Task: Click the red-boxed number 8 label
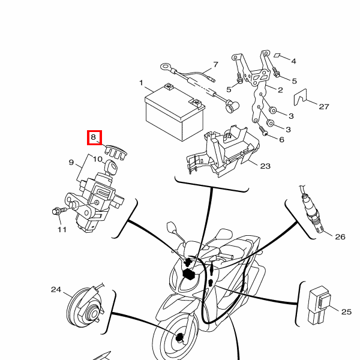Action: [x=93, y=137]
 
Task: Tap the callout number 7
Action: [x=215, y=65]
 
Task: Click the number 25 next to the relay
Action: [x=346, y=311]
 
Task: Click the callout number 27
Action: [x=324, y=107]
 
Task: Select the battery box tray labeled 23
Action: [x=223, y=151]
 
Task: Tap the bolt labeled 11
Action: [x=59, y=211]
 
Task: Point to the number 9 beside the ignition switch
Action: [x=71, y=163]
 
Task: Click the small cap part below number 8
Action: [x=116, y=152]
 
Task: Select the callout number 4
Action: [x=293, y=61]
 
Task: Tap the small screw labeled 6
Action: [x=263, y=131]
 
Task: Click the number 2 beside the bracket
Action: [x=280, y=90]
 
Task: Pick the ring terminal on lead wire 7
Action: [x=166, y=67]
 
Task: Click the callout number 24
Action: [x=56, y=290]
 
